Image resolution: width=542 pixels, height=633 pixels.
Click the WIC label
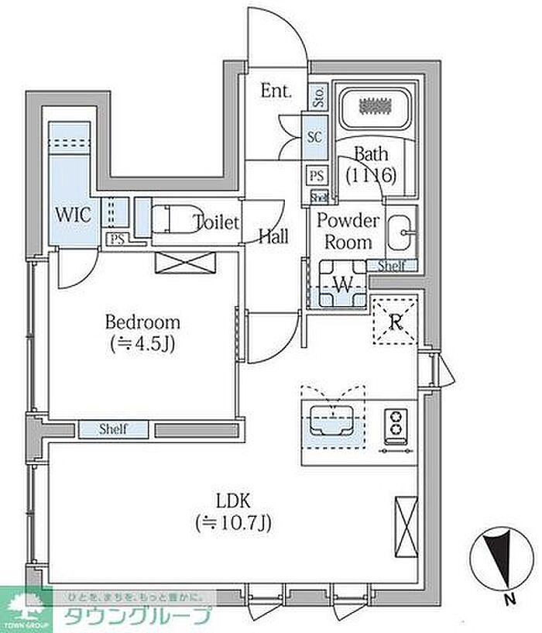click(x=74, y=214)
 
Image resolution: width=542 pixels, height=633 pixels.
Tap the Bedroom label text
click(x=142, y=322)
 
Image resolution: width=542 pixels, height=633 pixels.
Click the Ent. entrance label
click(x=276, y=91)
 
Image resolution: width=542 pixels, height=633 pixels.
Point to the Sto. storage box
click(x=318, y=98)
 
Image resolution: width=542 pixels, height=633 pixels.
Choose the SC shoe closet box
click(x=315, y=136)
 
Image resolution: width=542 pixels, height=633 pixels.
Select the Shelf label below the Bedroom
click(x=113, y=428)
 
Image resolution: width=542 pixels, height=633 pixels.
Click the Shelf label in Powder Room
click(x=392, y=266)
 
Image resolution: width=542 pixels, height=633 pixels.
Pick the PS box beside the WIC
click(x=117, y=239)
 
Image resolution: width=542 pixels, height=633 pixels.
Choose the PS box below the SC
click(x=317, y=176)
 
